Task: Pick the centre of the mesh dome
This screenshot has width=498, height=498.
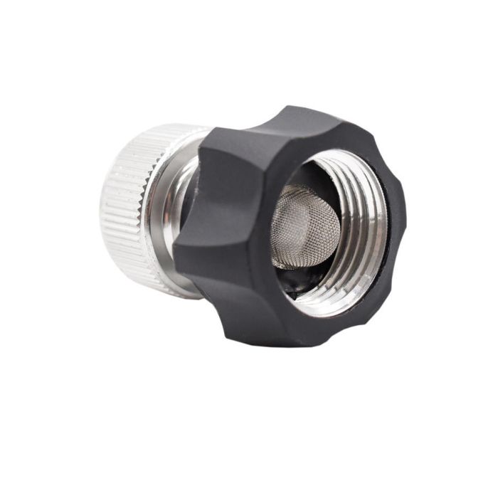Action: click(302, 224)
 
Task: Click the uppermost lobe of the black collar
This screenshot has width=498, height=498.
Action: click(299, 117)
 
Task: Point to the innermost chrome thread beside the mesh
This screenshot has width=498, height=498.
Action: click(334, 213)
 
